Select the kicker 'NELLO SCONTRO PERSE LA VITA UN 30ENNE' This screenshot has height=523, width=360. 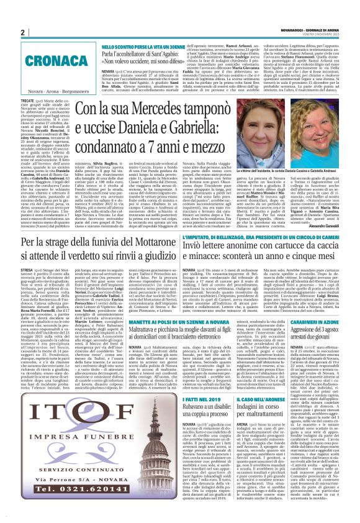coord(135,47)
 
